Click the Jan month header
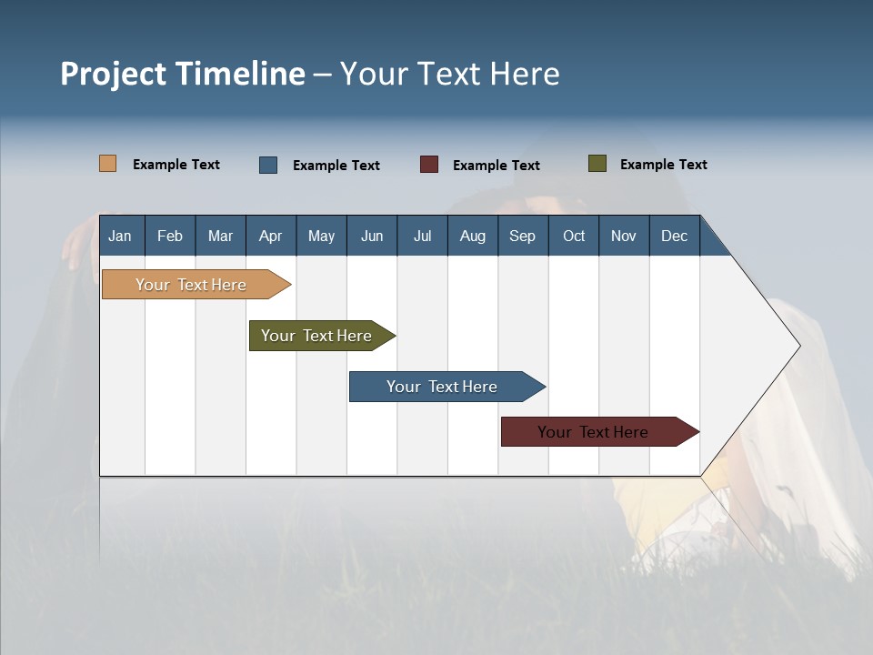point(121,236)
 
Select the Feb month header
point(170,236)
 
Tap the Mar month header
point(220,236)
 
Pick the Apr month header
point(271,236)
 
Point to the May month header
point(321,236)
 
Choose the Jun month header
point(372,236)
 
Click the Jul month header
point(422,236)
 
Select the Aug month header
point(473,236)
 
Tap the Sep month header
point(523,236)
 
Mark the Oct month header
point(574,236)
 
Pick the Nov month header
point(624,236)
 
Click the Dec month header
point(675,236)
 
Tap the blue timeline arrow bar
point(443,387)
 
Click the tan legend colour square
point(108,164)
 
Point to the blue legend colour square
point(268,165)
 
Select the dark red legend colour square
point(429,165)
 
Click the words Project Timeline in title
point(183,74)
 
